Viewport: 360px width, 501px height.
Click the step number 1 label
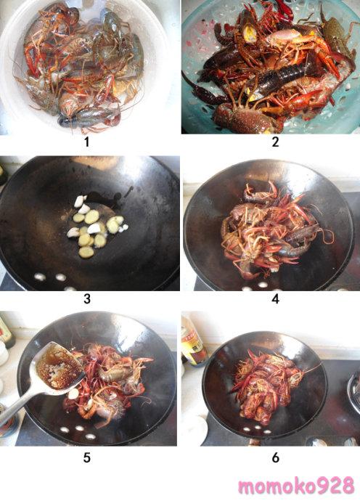[x=86, y=142]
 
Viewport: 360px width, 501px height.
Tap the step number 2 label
[x=275, y=142]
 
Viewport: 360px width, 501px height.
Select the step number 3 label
[x=87, y=298]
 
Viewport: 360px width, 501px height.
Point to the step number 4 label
[x=275, y=298]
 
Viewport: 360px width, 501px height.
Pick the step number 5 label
[x=87, y=457]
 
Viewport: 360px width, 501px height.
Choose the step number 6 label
[x=275, y=457]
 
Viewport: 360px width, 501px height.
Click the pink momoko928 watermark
[x=296, y=486]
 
